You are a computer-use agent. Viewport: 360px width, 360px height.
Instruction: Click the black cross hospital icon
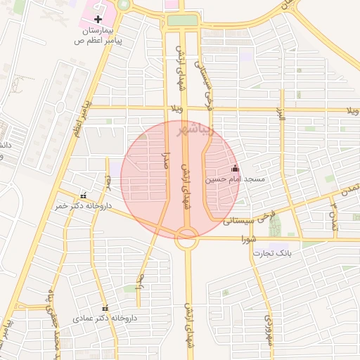click(x=97, y=18)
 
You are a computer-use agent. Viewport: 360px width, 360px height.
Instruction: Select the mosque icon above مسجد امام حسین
click(x=235, y=168)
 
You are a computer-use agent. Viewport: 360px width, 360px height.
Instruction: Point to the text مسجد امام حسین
click(x=235, y=180)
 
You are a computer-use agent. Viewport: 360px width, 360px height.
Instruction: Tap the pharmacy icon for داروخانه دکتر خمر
click(x=84, y=195)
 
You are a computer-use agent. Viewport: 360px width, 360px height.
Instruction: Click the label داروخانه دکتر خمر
click(x=83, y=206)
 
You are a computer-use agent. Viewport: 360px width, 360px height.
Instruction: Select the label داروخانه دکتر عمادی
click(x=105, y=319)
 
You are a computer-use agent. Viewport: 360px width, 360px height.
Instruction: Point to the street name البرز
click(x=281, y=112)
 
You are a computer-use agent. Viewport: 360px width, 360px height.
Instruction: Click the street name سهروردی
click(x=267, y=328)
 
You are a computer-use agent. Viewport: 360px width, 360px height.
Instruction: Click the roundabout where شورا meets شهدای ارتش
click(x=186, y=237)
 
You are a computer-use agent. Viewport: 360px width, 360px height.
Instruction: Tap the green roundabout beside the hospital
click(x=124, y=4)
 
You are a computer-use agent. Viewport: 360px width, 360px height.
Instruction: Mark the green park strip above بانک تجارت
click(x=275, y=224)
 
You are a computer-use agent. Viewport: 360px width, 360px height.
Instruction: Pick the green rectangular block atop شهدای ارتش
click(x=182, y=20)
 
